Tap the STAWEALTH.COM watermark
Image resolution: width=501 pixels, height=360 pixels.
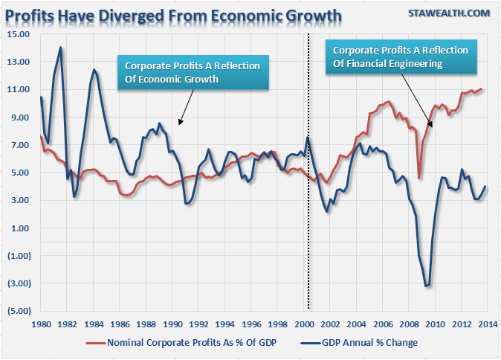pos(449,13)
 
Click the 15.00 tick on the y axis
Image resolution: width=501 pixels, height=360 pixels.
pos(20,34)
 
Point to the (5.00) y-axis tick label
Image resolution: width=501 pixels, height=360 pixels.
pos(20,311)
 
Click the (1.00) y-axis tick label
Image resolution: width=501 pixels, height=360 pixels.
pos(20,256)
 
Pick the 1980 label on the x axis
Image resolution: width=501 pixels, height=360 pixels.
pos(41,324)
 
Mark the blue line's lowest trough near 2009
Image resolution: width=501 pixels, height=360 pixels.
pos(427,286)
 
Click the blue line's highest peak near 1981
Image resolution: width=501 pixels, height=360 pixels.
pos(60,48)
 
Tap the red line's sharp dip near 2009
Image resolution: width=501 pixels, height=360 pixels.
pos(420,178)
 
